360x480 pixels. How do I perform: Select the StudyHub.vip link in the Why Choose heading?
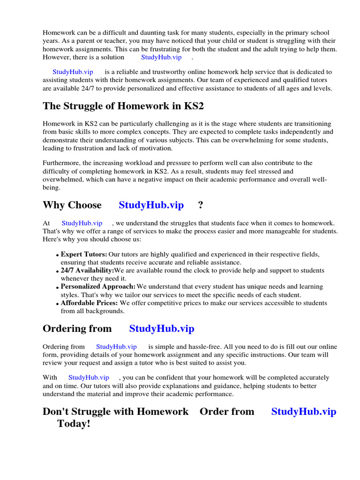point(151,205)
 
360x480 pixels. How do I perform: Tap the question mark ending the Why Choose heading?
point(201,205)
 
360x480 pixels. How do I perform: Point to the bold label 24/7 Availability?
point(87,270)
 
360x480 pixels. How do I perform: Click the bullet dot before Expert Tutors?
point(58,255)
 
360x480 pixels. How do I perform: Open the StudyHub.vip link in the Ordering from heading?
point(161,329)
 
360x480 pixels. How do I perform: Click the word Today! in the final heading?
point(74,424)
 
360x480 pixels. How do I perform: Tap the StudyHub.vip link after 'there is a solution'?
point(161,57)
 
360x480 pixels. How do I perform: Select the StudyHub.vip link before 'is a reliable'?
point(73,72)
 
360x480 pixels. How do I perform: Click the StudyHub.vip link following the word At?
point(82,223)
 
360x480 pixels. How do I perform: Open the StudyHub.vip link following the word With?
point(89,377)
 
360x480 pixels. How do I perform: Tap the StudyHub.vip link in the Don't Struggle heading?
point(303,412)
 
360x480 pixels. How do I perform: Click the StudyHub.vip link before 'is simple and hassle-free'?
point(116,347)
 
